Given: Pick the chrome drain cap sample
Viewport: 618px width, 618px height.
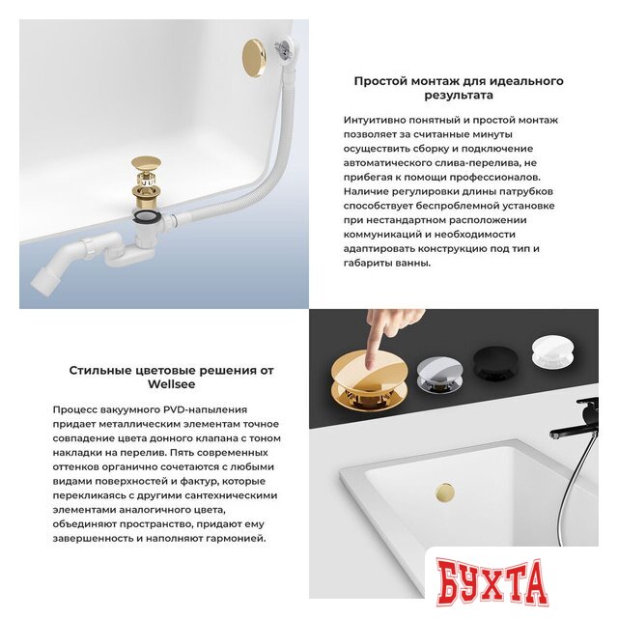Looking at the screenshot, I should (441, 367).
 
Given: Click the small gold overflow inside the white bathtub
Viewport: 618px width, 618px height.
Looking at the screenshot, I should (446, 491).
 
